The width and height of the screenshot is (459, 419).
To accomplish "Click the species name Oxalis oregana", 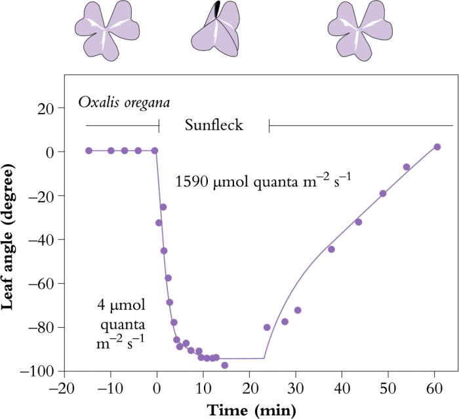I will (x=123, y=102).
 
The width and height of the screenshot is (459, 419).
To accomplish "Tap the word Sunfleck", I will (x=214, y=125).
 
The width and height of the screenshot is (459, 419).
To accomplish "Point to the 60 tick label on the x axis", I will (x=433, y=387).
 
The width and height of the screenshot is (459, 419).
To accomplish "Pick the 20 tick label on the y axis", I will (x=44, y=108).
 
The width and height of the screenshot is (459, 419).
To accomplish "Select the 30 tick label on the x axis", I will (x=295, y=387).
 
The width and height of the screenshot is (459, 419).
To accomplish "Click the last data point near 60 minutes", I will (x=437, y=147).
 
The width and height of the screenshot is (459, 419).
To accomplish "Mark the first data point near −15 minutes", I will (x=89, y=150).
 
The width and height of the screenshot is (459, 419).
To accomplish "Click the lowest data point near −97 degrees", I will (x=225, y=365).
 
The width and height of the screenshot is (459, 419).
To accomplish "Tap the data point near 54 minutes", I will (x=407, y=167).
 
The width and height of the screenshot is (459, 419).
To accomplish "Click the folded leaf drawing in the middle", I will (x=217, y=34).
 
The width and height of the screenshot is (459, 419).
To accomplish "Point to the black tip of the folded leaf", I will (x=218, y=9).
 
